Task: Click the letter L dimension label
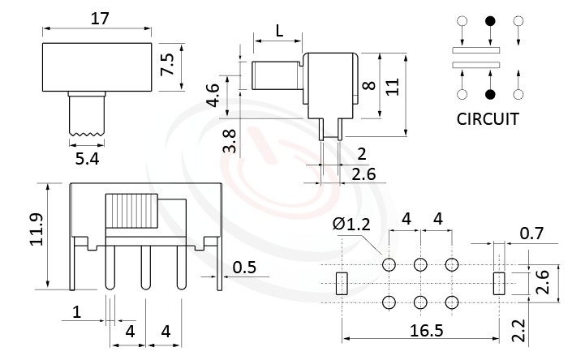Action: [279, 31]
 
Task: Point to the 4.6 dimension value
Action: [213, 96]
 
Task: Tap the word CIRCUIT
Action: [488, 119]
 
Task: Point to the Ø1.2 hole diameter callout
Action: [351, 225]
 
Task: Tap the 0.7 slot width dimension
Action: [531, 234]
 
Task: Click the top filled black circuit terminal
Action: [489, 22]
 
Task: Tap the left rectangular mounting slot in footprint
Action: [341, 283]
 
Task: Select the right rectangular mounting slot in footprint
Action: [499, 283]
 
